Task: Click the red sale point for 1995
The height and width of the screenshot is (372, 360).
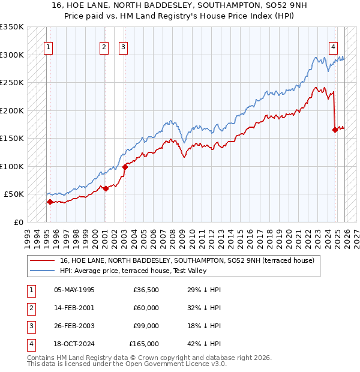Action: [50, 202]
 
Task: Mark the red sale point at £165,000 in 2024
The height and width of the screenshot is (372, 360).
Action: [335, 130]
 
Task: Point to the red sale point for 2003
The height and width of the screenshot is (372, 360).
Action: [125, 167]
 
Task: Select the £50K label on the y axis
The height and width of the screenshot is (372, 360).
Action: [14, 194]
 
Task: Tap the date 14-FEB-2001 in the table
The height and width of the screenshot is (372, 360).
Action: [74, 308]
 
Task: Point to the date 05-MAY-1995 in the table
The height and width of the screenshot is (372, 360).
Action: [74, 290]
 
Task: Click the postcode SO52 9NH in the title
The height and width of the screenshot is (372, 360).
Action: [259, 5]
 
